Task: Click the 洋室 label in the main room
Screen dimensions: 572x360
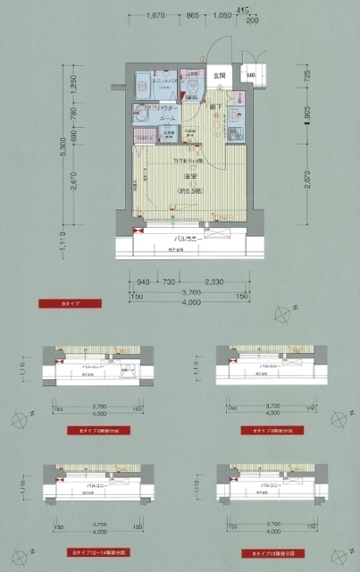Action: [x=190, y=176]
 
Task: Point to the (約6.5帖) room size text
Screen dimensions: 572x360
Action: [x=190, y=191]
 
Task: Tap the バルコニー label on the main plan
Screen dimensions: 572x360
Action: [x=185, y=239]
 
